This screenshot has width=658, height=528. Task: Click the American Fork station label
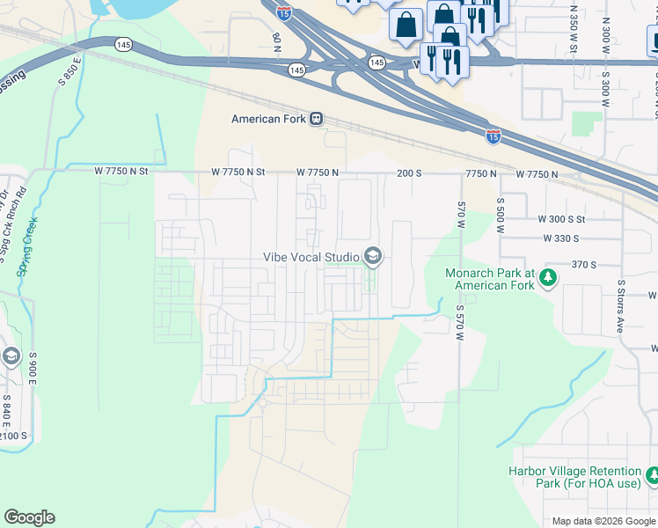click(x=267, y=120)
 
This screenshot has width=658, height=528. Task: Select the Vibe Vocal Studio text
click(x=311, y=257)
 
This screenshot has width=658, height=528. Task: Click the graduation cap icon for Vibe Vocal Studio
click(x=372, y=256)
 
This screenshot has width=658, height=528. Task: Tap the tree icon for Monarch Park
click(x=549, y=278)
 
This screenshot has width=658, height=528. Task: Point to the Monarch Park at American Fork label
click(x=490, y=279)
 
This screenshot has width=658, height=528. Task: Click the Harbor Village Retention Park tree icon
click(x=652, y=476)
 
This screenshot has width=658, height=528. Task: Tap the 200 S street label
click(x=409, y=173)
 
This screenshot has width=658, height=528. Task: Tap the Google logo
click(x=29, y=517)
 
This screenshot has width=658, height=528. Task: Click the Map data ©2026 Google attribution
click(x=603, y=521)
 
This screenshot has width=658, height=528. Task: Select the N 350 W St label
click(x=573, y=26)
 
